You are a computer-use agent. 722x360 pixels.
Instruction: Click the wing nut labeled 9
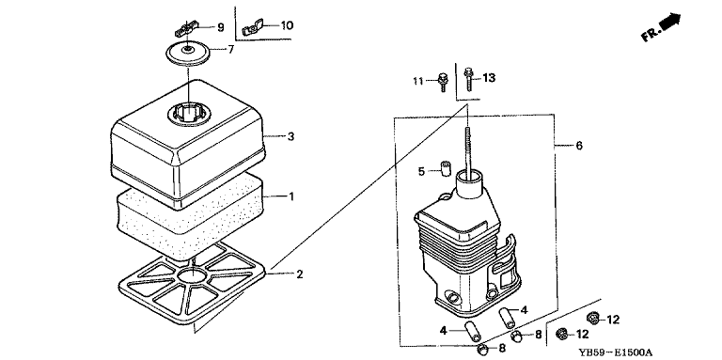coord(186,29)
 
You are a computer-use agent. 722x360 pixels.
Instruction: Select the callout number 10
coord(287,25)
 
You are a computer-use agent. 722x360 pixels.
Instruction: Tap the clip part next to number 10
coord(252,27)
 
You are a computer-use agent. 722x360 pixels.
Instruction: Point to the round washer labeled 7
coord(188,54)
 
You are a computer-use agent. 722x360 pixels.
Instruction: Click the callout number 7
coord(230,49)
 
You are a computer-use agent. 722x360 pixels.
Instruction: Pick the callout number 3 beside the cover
coord(290,136)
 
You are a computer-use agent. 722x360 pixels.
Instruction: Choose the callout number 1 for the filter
coord(291,196)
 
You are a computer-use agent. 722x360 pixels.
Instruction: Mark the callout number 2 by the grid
coord(300,274)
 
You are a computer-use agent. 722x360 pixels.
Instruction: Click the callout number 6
coord(579,146)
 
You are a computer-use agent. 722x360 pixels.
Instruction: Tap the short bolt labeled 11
coord(443,81)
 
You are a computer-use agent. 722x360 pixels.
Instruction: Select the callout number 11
coord(417,82)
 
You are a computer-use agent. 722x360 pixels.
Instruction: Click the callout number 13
coord(489,78)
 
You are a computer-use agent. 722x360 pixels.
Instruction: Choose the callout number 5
coord(421,172)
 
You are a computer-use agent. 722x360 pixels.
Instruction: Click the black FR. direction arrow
coord(670,23)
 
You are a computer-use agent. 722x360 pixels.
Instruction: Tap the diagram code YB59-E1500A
coord(615,352)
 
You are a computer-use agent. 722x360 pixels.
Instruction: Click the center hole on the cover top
coord(189,113)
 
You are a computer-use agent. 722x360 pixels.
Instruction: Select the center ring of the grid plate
coord(193,275)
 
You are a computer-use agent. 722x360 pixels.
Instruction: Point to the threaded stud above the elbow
coord(468,152)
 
